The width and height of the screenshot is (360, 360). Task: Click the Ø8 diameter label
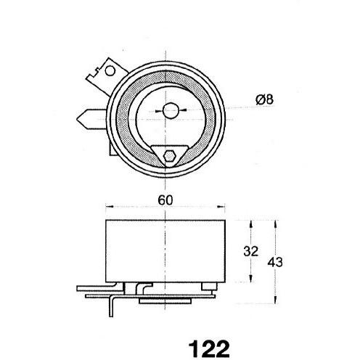pyautogui.click(x=264, y=99)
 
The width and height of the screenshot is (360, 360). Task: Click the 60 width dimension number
pyautogui.click(x=165, y=200)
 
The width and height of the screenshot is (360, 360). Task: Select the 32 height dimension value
pyautogui.click(x=250, y=251)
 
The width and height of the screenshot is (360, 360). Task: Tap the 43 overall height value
pyautogui.click(x=275, y=262)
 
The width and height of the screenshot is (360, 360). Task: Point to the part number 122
pyautogui.click(x=209, y=348)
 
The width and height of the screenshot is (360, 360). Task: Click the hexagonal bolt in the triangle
pyautogui.click(x=169, y=156)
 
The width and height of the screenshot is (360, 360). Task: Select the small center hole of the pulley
pyautogui.click(x=171, y=110)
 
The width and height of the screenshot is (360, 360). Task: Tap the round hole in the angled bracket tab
pyautogui.click(x=110, y=71)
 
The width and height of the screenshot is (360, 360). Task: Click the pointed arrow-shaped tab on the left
pyautogui.click(x=91, y=119)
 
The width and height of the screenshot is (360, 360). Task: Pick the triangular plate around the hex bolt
pyautogui.click(x=170, y=155)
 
